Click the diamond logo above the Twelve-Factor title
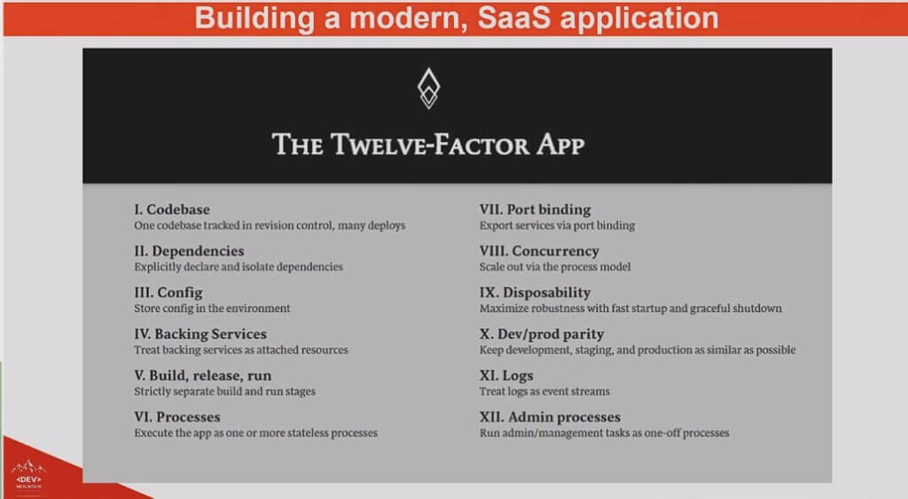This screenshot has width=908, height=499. (x=428, y=89)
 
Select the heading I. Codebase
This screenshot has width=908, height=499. (x=172, y=209)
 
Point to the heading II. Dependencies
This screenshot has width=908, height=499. (x=190, y=251)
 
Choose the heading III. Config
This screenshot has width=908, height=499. (x=168, y=292)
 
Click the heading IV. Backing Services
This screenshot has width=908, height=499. (x=200, y=334)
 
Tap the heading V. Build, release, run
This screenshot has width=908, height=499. (x=203, y=376)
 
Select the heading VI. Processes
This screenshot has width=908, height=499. (x=177, y=417)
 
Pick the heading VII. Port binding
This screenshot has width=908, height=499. (x=535, y=209)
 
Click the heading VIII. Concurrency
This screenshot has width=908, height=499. (x=539, y=251)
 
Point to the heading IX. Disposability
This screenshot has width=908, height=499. (x=535, y=292)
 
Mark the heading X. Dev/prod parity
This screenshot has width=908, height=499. (x=542, y=334)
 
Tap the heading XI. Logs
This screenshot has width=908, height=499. (x=506, y=376)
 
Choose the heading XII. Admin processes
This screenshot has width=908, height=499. (x=550, y=417)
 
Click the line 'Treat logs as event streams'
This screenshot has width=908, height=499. (x=544, y=392)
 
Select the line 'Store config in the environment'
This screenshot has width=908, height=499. (x=212, y=308)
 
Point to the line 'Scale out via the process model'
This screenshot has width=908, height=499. (x=555, y=267)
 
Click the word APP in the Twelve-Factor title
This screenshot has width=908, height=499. (x=560, y=144)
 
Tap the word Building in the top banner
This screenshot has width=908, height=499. (x=254, y=19)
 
